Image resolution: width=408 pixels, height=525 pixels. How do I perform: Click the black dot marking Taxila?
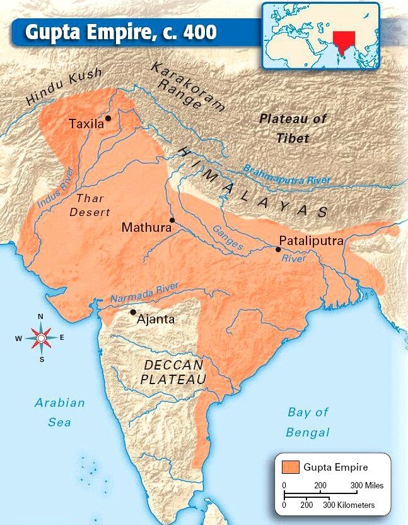click(x=108, y=118)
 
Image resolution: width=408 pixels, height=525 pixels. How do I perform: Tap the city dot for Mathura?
click(x=172, y=220)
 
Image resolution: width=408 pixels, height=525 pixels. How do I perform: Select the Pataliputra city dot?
click(x=278, y=250)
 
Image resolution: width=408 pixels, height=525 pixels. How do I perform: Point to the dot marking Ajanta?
click(x=132, y=312)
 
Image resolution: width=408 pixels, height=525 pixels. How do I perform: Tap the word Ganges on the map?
click(x=227, y=239)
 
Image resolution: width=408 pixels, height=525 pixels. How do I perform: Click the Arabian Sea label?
click(x=59, y=412)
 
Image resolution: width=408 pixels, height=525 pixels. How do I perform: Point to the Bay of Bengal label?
click(x=308, y=422)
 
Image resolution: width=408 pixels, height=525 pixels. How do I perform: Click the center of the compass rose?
click(x=41, y=338)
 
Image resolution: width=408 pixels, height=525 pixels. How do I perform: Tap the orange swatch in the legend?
click(x=290, y=467)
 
